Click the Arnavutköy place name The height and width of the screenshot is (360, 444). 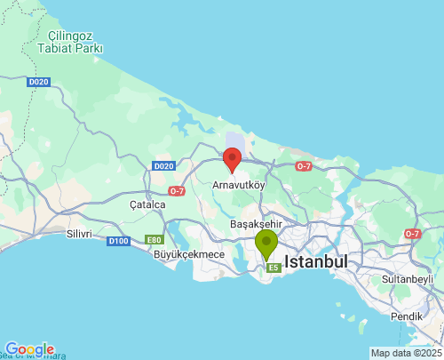[x=239, y=185]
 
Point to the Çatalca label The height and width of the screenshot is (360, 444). [x=147, y=204]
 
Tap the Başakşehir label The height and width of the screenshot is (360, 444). [x=256, y=225]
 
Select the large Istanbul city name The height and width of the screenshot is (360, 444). [x=315, y=262]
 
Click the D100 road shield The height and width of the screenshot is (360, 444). [x=118, y=241]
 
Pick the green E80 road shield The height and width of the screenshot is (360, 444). [x=155, y=240]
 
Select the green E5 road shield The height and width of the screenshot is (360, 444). [x=274, y=267]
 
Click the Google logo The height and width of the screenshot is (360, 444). [x=29, y=349]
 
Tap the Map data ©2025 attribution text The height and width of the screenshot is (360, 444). [x=406, y=353]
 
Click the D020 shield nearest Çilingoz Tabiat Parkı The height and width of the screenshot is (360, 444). [x=38, y=82]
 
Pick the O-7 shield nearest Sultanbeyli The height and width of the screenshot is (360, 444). [x=412, y=234]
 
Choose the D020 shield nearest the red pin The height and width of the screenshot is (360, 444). [x=163, y=166]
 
